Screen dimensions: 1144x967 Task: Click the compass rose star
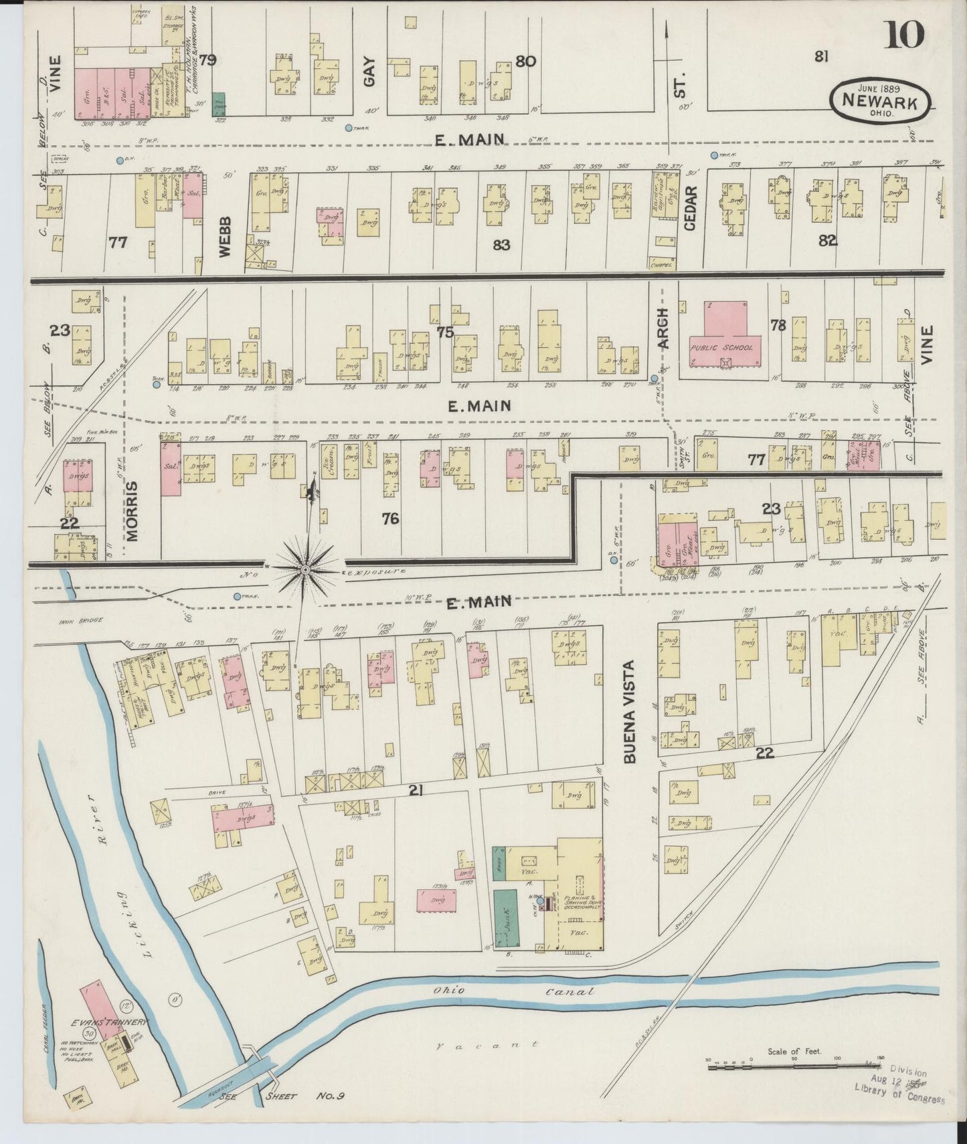[306, 569]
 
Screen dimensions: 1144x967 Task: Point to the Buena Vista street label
[629, 712]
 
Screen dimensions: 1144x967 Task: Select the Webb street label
[224, 235]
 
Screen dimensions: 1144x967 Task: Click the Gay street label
[370, 71]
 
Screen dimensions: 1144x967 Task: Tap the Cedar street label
[691, 208]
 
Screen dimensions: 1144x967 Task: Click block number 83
[501, 246]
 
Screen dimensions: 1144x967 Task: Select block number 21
[416, 791]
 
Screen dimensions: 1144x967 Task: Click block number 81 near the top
[821, 57]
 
